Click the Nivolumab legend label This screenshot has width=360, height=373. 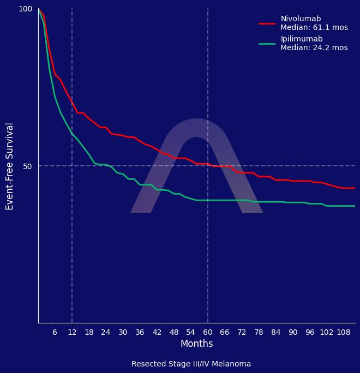[301, 19]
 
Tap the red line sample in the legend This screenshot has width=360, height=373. [267, 23]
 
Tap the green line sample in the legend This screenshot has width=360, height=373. [267, 44]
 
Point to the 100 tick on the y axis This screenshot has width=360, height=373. [26, 9]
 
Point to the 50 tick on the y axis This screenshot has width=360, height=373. [28, 166]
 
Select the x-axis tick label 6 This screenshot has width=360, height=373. [55, 332]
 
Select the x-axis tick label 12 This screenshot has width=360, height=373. [72, 332]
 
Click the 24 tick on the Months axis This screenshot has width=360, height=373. [106, 332]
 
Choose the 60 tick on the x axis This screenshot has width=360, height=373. [207, 332]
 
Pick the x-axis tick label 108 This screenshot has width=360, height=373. [344, 332]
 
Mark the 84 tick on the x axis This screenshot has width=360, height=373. [275, 332]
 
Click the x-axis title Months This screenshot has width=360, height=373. [196, 344]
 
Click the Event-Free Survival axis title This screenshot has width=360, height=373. [10, 166]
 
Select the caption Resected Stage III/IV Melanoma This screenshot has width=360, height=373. [191, 364]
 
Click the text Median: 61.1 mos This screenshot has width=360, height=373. [314, 28]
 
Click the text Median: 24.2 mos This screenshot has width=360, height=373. [314, 48]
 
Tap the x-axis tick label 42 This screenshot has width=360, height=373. [157, 332]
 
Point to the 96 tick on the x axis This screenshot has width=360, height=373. [309, 332]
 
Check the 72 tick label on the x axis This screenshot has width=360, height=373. [242, 332]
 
